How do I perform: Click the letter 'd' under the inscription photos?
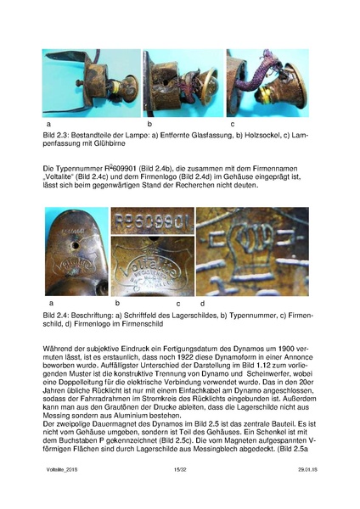pos(202,303)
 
